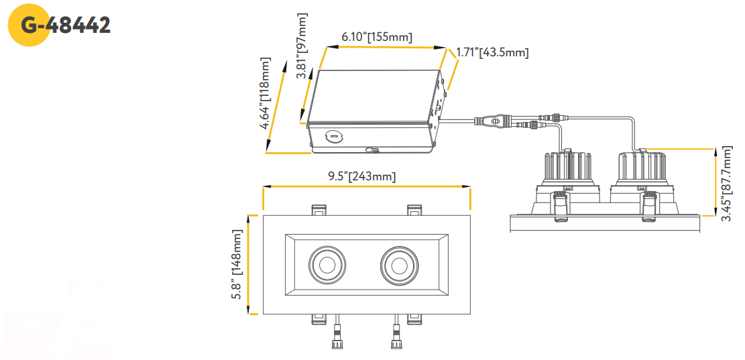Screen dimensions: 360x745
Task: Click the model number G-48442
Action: pos(66,25)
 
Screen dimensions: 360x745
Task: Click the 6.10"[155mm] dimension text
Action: pos(376,37)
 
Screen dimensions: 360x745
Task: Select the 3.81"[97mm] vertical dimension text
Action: pos(302,46)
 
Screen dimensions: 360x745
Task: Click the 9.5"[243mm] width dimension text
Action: pos(362,177)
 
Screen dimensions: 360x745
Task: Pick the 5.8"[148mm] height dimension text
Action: pos(237,264)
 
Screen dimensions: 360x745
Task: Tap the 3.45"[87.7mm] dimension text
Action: pos(728,185)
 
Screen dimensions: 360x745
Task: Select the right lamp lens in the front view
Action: pos(400,263)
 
